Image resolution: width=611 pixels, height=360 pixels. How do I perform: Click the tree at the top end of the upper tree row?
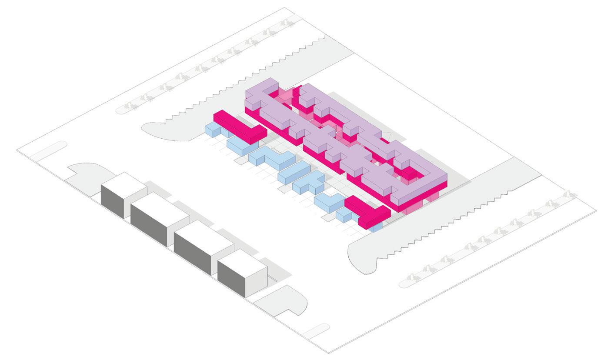tap(287, 23)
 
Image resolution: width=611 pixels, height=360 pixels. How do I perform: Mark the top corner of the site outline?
tap(285, 7)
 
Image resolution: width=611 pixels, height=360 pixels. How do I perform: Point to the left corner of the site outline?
tap(17, 151)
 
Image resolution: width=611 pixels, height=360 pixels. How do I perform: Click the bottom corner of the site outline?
tap(329, 353)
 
